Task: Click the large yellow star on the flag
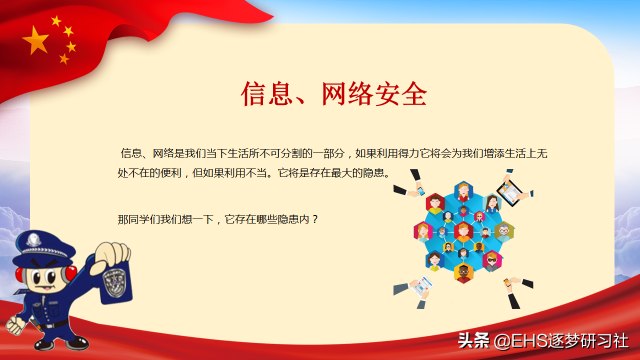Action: tap(35, 40)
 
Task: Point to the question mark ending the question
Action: tap(315, 219)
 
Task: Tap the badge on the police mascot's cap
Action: tap(33, 239)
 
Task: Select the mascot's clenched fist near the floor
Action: tap(16, 325)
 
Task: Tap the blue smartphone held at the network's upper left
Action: tap(420, 191)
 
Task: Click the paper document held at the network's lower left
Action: tap(421, 286)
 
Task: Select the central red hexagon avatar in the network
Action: tap(463, 232)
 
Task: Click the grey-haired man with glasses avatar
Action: tap(504, 232)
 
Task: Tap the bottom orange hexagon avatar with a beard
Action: tap(463, 272)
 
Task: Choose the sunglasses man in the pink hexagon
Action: tap(491, 261)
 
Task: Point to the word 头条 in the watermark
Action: tap(473, 341)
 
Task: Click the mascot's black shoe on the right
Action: tap(77, 343)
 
